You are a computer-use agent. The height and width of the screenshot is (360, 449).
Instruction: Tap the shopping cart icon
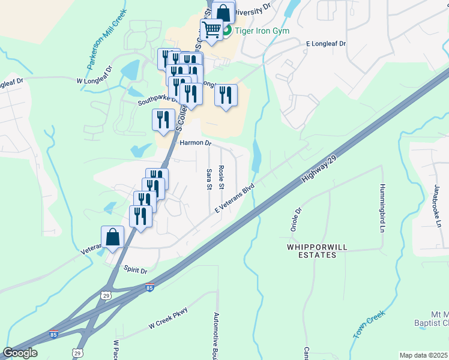pyautogui.click(x=212, y=29)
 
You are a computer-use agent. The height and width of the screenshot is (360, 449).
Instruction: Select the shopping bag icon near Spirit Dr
pyautogui.click(x=112, y=238)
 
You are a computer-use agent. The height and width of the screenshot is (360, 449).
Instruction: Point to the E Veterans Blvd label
pyautogui.click(x=235, y=198)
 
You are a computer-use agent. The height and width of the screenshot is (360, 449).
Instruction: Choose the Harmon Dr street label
pyautogui.click(x=196, y=143)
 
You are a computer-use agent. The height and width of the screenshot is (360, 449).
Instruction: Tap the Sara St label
pyautogui.click(x=209, y=179)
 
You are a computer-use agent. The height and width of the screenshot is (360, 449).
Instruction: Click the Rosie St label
pyautogui.click(x=221, y=178)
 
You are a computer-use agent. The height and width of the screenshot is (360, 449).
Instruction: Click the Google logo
pyautogui.click(x=20, y=353)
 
